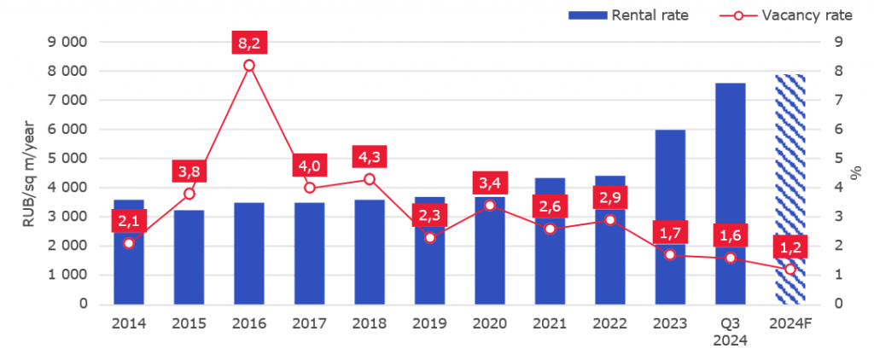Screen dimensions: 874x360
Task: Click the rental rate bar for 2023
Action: click(670, 217)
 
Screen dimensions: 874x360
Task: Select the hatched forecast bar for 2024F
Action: click(790, 189)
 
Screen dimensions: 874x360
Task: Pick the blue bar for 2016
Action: click(249, 253)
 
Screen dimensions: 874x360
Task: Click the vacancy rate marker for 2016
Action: click(249, 65)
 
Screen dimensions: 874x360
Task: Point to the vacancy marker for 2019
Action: click(430, 237)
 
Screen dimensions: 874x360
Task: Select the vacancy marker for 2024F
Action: click(790, 270)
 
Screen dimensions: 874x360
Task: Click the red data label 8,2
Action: click(249, 43)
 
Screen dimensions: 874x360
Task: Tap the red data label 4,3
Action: click(370, 157)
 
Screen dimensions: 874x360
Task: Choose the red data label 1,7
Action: click(671, 232)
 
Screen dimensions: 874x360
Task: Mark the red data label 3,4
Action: click(490, 183)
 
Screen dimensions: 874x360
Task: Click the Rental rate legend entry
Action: click(628, 15)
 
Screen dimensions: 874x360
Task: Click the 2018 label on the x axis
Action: click(370, 324)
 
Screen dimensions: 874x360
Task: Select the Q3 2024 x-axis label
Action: click(731, 332)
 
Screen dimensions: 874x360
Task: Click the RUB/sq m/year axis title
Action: click(29, 173)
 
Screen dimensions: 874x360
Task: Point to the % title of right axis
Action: click(856, 173)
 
